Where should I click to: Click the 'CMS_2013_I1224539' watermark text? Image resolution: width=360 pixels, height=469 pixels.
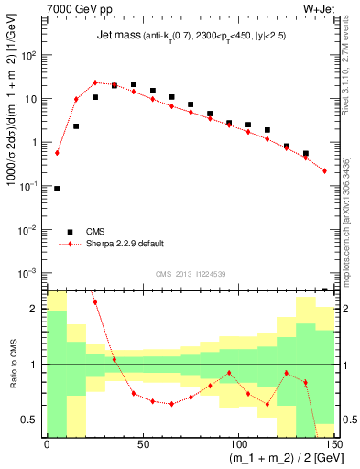click(191, 273)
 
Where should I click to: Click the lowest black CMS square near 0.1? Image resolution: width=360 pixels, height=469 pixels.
click(57, 189)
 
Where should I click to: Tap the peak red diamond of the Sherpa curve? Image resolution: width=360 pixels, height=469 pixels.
click(95, 82)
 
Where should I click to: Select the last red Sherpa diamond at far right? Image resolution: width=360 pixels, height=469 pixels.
click(324, 170)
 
